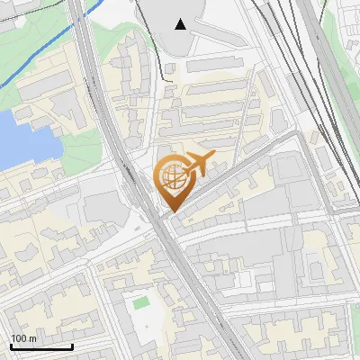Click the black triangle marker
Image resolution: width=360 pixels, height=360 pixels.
(x=181, y=24)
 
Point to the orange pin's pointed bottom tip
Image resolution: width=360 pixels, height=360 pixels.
(x=171, y=212)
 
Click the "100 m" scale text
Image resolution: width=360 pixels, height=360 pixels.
(x=23, y=338)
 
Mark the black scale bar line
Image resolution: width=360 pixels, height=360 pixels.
(x=41, y=346)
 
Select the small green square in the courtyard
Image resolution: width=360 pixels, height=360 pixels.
(x=139, y=303)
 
